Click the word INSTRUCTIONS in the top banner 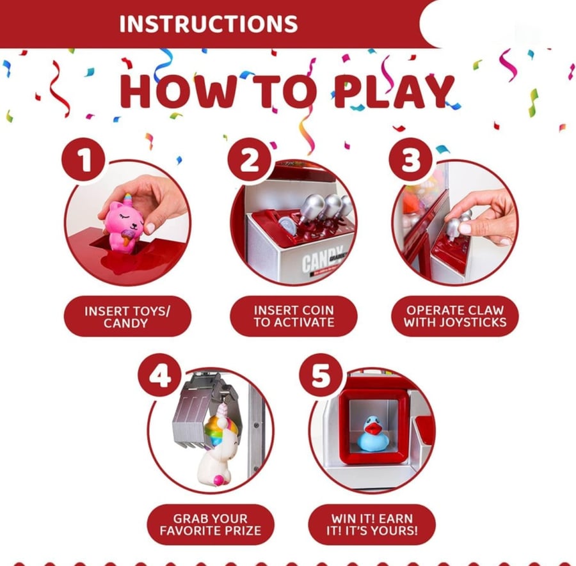208,24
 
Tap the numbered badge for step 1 84,160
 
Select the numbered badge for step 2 250,160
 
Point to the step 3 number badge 411,160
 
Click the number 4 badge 160,375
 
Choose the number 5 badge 321,375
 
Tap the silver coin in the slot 287,226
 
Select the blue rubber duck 373,434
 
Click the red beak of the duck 374,428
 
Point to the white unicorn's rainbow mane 221,428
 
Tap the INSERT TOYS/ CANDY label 127,317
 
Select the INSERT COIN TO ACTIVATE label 294,316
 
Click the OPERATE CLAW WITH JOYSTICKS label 455,316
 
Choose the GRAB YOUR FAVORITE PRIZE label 211,524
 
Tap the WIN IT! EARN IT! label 372,524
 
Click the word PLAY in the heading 394,91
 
